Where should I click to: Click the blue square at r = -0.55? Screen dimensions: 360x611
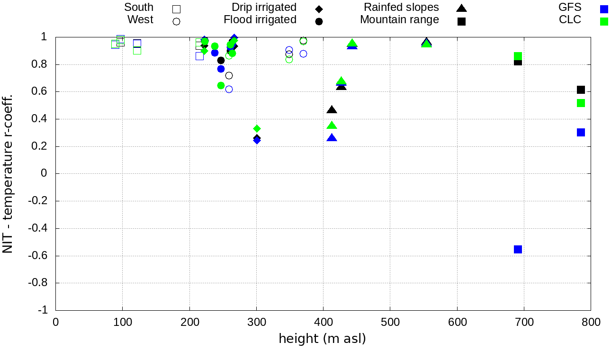(x=518, y=249)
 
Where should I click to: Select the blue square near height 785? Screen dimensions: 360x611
(x=581, y=132)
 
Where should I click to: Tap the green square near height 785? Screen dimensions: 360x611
(x=581, y=103)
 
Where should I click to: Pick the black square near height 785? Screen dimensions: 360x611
(x=581, y=90)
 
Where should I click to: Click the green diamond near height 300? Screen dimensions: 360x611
(x=257, y=128)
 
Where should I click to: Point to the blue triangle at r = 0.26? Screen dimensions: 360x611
(x=332, y=138)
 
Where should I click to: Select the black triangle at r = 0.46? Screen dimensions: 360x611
(x=332, y=110)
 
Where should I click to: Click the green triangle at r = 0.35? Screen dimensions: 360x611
(x=332, y=126)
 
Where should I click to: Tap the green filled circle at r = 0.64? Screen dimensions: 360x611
(x=221, y=85)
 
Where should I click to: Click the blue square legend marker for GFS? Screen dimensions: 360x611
(x=604, y=9)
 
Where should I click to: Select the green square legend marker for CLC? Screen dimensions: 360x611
(x=604, y=21)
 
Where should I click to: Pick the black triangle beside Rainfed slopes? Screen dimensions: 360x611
(x=461, y=8)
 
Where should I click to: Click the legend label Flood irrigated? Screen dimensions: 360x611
(x=260, y=20)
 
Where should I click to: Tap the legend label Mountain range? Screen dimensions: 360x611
(x=399, y=20)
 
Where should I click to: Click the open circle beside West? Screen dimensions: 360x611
(x=177, y=21)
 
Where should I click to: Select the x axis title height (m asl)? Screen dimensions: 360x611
(x=322, y=339)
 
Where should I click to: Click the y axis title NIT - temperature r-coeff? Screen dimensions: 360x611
(x=8, y=173)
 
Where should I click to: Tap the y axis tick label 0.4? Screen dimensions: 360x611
(x=42, y=119)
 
